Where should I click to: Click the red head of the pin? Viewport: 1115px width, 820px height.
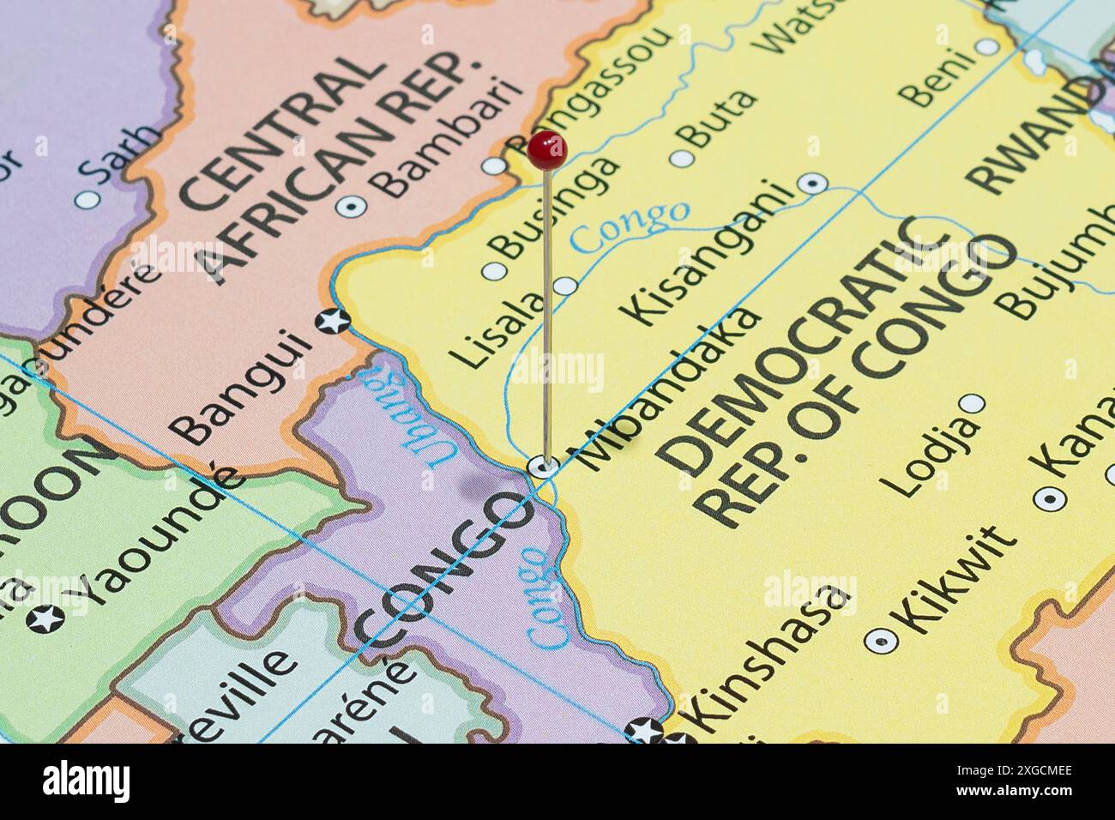[x=546, y=150]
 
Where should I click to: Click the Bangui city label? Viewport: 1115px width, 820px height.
[x=241, y=387]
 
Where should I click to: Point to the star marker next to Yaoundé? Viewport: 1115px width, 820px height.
[x=45, y=618]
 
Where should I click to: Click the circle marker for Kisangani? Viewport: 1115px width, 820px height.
[x=812, y=183]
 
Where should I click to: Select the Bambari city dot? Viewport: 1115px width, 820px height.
[x=351, y=206]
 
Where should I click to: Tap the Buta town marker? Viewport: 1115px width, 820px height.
[x=681, y=159]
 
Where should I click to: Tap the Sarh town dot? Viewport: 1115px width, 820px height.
[x=87, y=200]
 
